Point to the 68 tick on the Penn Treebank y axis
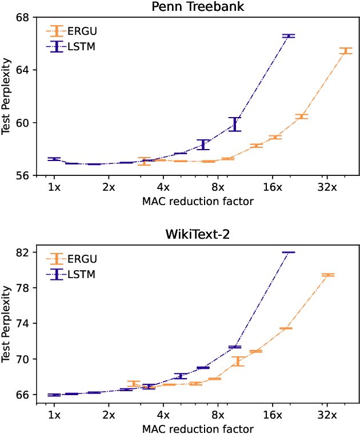pos(26,17)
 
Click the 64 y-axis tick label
pos(26,70)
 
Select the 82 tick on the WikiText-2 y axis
pos(26,252)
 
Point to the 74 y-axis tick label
pos(26,323)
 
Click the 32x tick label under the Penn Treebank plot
pos(326,187)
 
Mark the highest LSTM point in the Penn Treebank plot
pos(289,36)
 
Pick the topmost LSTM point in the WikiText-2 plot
pos(289,252)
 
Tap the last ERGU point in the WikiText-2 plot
pos(328,275)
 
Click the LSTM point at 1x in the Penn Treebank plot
pos(54,159)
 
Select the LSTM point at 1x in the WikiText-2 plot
pos(54,395)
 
